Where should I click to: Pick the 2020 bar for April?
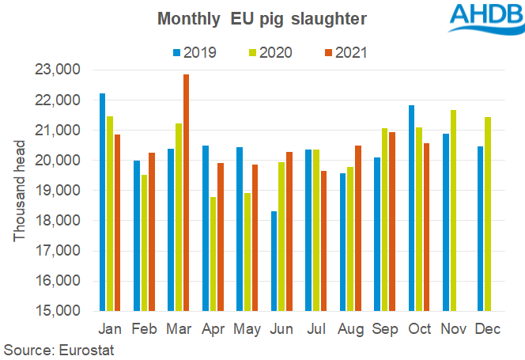coord(213,254)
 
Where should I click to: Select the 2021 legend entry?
coord(342,54)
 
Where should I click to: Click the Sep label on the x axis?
coord(384,328)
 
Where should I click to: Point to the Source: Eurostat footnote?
coord(59,349)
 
